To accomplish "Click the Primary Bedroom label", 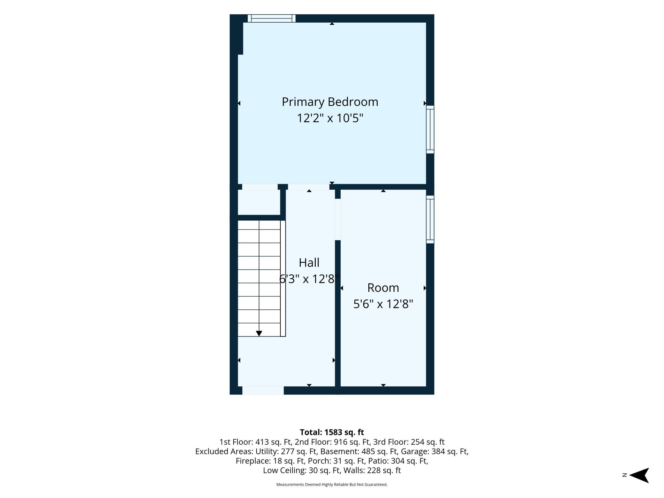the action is pos(330,102).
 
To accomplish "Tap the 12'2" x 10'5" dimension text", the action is pos(330,118).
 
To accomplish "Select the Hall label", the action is pos(309,263).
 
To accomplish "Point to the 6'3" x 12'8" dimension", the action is pos(309,279).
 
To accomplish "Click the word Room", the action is pos(383,288).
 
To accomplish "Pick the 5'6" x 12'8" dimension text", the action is pos(383,304).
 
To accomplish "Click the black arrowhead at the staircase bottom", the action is pos(259,334).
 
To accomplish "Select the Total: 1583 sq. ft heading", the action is pos(332,432).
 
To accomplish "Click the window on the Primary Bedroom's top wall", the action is pos(272,19).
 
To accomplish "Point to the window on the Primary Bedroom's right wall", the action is pos(430,129).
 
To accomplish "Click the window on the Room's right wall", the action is pos(430,219).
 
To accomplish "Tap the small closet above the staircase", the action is pos(259,202).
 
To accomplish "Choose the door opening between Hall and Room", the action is pos(338,219).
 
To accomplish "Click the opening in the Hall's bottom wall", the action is pos(263,390).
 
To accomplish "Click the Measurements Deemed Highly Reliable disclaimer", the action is pos(332,485).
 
